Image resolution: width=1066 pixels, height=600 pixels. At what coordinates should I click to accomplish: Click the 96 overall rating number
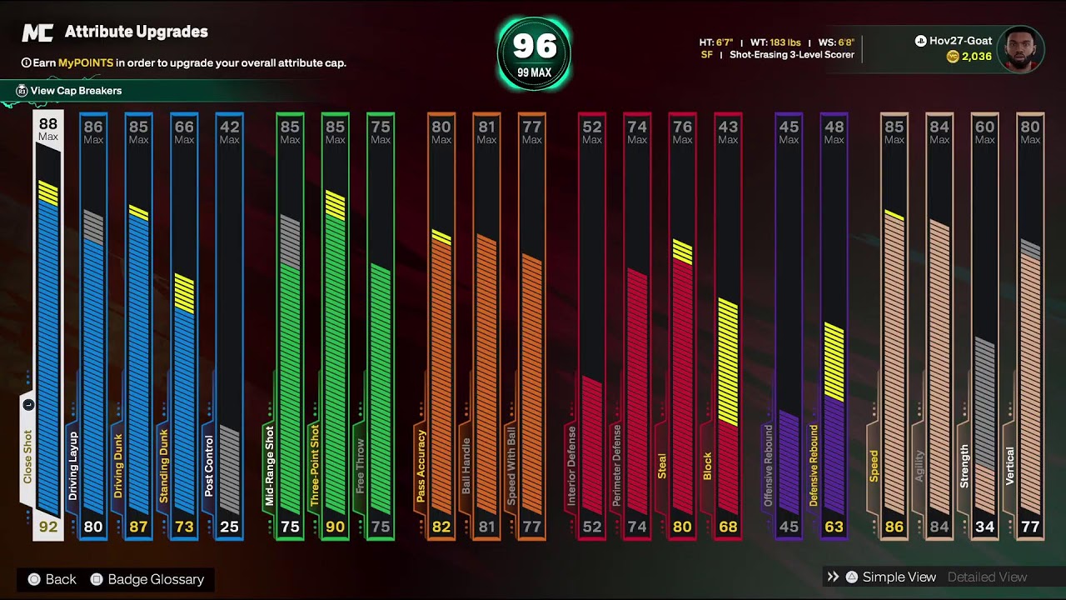pos(533,45)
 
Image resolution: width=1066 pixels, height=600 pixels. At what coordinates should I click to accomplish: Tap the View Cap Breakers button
pos(75,91)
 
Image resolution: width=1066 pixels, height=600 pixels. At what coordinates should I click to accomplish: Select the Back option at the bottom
pos(60,579)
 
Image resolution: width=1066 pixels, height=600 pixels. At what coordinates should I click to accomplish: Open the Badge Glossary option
pos(155,579)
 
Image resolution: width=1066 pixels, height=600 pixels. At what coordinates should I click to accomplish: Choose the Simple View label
pos(899,577)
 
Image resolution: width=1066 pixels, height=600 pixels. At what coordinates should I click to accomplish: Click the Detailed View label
pos(987,577)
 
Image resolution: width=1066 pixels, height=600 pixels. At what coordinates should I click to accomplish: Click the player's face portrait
pos(1020,49)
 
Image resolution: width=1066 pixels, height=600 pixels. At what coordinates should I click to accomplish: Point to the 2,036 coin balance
pos(976,57)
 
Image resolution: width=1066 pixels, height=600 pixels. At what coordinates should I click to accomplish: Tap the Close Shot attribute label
pos(27,457)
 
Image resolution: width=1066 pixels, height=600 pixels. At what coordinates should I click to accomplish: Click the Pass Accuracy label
pos(421,467)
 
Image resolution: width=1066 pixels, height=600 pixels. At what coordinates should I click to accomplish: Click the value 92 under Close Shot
pos(47,527)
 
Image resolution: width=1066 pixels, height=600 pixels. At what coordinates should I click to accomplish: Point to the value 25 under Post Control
pos(229,527)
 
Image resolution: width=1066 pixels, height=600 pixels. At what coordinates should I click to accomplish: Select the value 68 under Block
pos(727,527)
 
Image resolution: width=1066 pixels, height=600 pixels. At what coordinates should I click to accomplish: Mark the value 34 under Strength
pos(984,527)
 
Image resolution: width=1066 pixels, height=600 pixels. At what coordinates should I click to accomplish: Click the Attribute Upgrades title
pos(136,32)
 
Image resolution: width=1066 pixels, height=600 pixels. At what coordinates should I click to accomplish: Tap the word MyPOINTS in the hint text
pos(86,62)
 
